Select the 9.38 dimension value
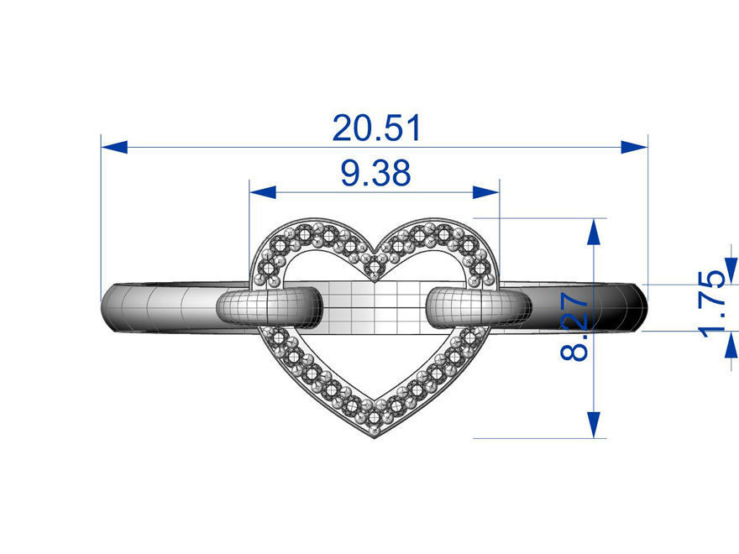click(375, 174)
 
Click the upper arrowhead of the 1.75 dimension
click(730, 270)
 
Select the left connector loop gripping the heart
click(269, 306)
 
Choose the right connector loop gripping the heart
click(479, 306)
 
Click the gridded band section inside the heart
click(375, 304)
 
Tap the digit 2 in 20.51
click(343, 128)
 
